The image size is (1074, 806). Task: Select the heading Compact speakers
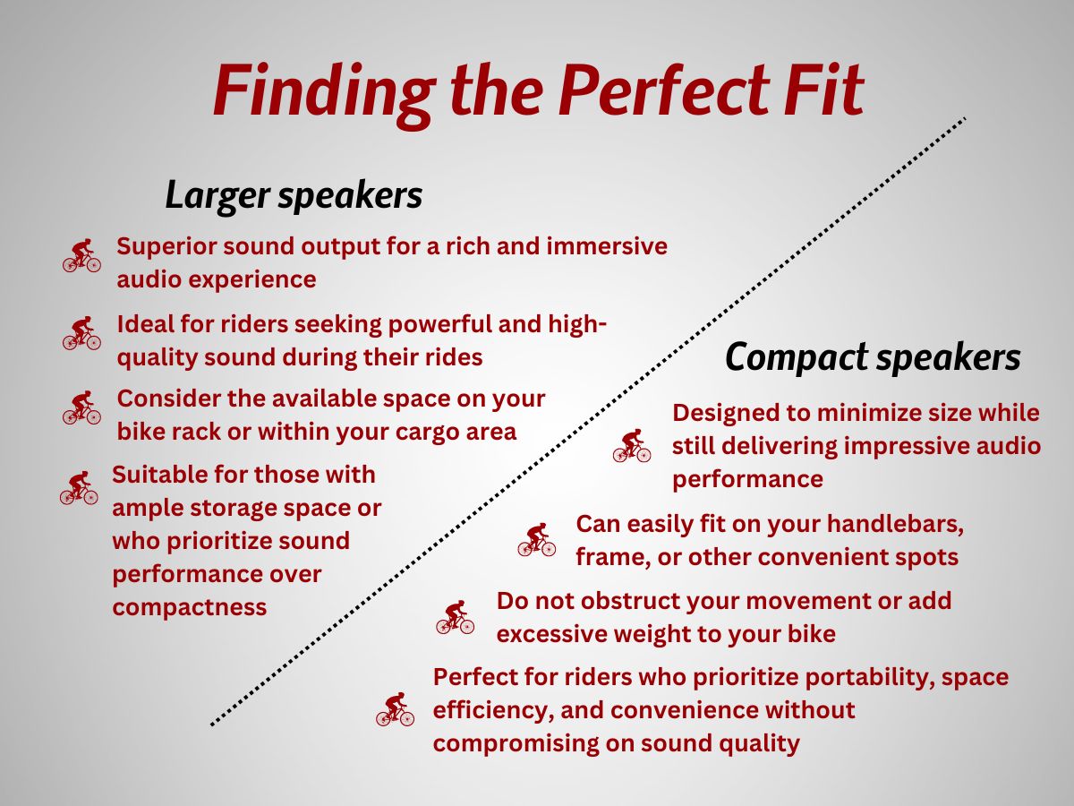coord(873,357)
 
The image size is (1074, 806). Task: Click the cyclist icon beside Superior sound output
coord(81,255)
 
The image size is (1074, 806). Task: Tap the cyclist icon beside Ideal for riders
coord(81,333)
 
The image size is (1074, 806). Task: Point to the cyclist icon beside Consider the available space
coord(81,407)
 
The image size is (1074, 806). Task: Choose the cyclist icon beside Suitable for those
coord(79,487)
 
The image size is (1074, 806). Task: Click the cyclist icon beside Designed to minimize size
coord(632,445)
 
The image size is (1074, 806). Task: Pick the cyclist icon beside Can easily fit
coord(537,539)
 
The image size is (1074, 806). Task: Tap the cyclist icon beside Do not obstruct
coord(455,617)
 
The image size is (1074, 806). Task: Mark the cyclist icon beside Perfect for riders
coord(395,709)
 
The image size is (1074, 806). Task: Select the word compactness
coord(190,608)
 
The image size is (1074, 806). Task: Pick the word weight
coord(646,635)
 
